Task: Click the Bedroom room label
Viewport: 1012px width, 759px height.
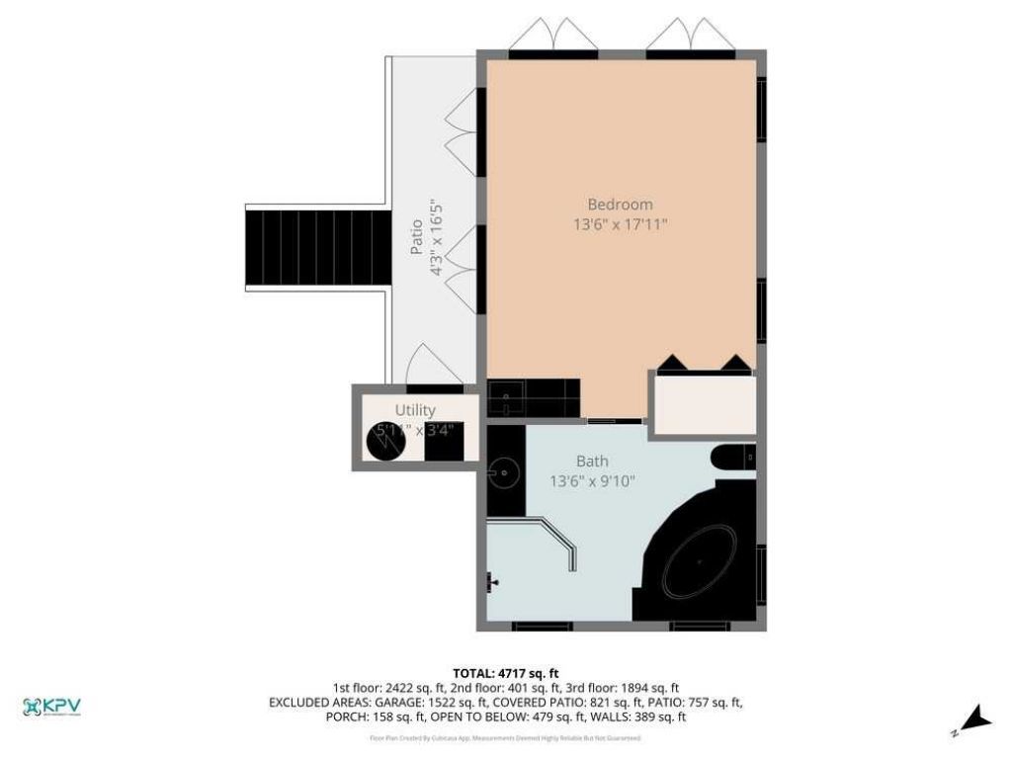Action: click(620, 205)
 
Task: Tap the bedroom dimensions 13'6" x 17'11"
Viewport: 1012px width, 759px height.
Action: click(621, 224)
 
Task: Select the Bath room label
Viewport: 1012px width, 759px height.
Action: click(592, 461)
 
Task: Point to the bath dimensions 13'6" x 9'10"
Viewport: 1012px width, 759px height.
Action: click(592, 481)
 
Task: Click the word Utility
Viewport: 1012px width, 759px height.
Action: click(415, 410)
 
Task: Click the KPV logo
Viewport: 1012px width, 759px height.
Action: click(51, 707)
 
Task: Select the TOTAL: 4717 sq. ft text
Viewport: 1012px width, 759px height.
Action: click(505, 672)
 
